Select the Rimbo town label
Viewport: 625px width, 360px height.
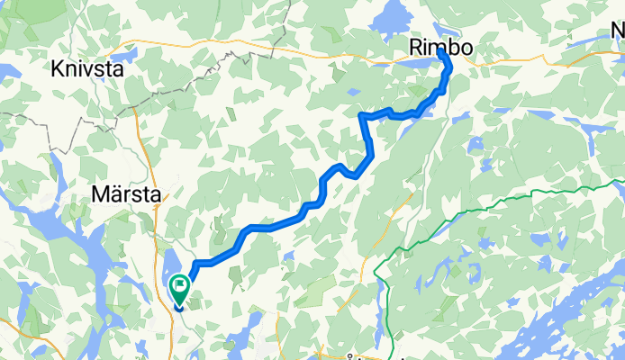coord(440,45)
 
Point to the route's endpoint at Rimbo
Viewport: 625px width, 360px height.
coord(441,54)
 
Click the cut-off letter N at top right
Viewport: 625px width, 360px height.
coord(618,33)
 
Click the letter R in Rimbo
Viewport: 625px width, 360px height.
coord(416,45)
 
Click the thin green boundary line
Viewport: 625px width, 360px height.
coord(468,211)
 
